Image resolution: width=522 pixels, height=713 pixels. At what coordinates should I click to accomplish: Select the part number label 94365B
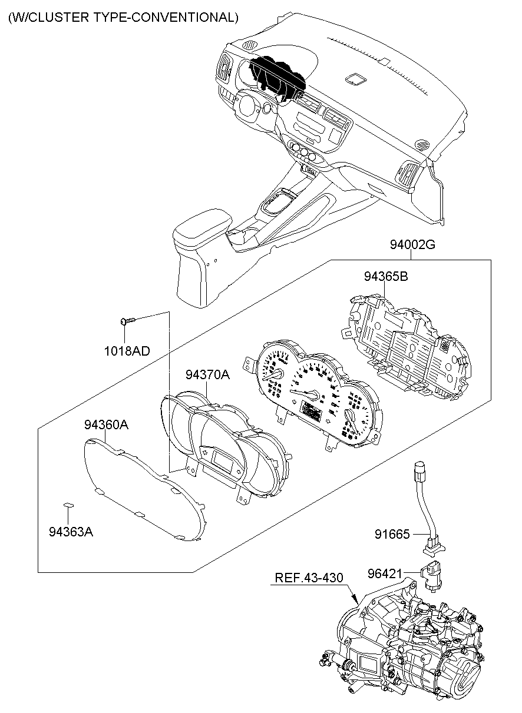[385, 276]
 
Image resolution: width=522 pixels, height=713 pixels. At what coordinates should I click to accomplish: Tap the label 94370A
[207, 374]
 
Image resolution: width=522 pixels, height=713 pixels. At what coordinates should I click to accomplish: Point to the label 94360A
[105, 425]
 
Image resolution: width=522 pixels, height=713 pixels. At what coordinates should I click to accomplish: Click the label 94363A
[71, 532]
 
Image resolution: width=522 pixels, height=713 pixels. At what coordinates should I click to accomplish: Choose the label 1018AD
[127, 351]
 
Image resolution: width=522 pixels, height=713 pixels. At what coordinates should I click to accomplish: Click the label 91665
[392, 534]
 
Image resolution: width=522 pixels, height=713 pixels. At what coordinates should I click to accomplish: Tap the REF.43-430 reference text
[309, 578]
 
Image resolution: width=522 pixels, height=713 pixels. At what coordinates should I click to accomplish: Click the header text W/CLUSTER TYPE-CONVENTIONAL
[123, 18]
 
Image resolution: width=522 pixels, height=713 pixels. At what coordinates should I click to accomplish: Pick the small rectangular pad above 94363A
[68, 505]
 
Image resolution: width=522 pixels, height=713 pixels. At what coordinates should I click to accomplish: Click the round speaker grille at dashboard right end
[422, 143]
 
